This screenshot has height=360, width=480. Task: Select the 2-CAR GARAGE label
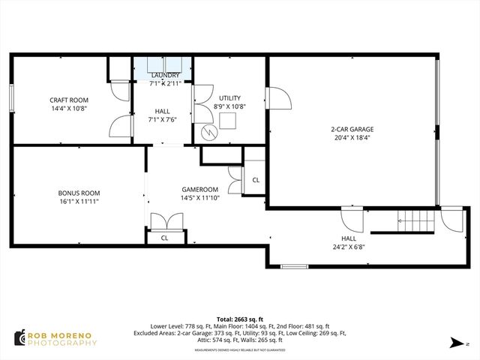[x=352, y=129]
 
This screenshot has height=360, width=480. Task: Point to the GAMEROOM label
[x=199, y=189]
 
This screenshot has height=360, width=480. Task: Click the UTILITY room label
[x=229, y=98]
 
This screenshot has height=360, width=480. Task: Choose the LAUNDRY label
[x=165, y=76]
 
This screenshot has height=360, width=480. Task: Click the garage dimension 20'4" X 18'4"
[x=352, y=138]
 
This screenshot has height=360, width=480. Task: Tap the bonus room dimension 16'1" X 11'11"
[x=79, y=201]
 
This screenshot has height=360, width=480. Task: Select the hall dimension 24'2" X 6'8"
[x=349, y=245]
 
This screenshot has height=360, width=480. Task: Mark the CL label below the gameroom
[x=165, y=238]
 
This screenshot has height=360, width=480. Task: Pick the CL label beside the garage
[x=255, y=180]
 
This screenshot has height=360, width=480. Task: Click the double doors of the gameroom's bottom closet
[x=165, y=222]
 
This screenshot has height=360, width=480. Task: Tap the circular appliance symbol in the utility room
[x=211, y=133]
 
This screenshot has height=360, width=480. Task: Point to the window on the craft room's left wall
[x=11, y=97]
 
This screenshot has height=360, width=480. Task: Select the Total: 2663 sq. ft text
[x=239, y=318]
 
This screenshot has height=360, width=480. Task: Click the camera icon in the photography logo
[x=18, y=337]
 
